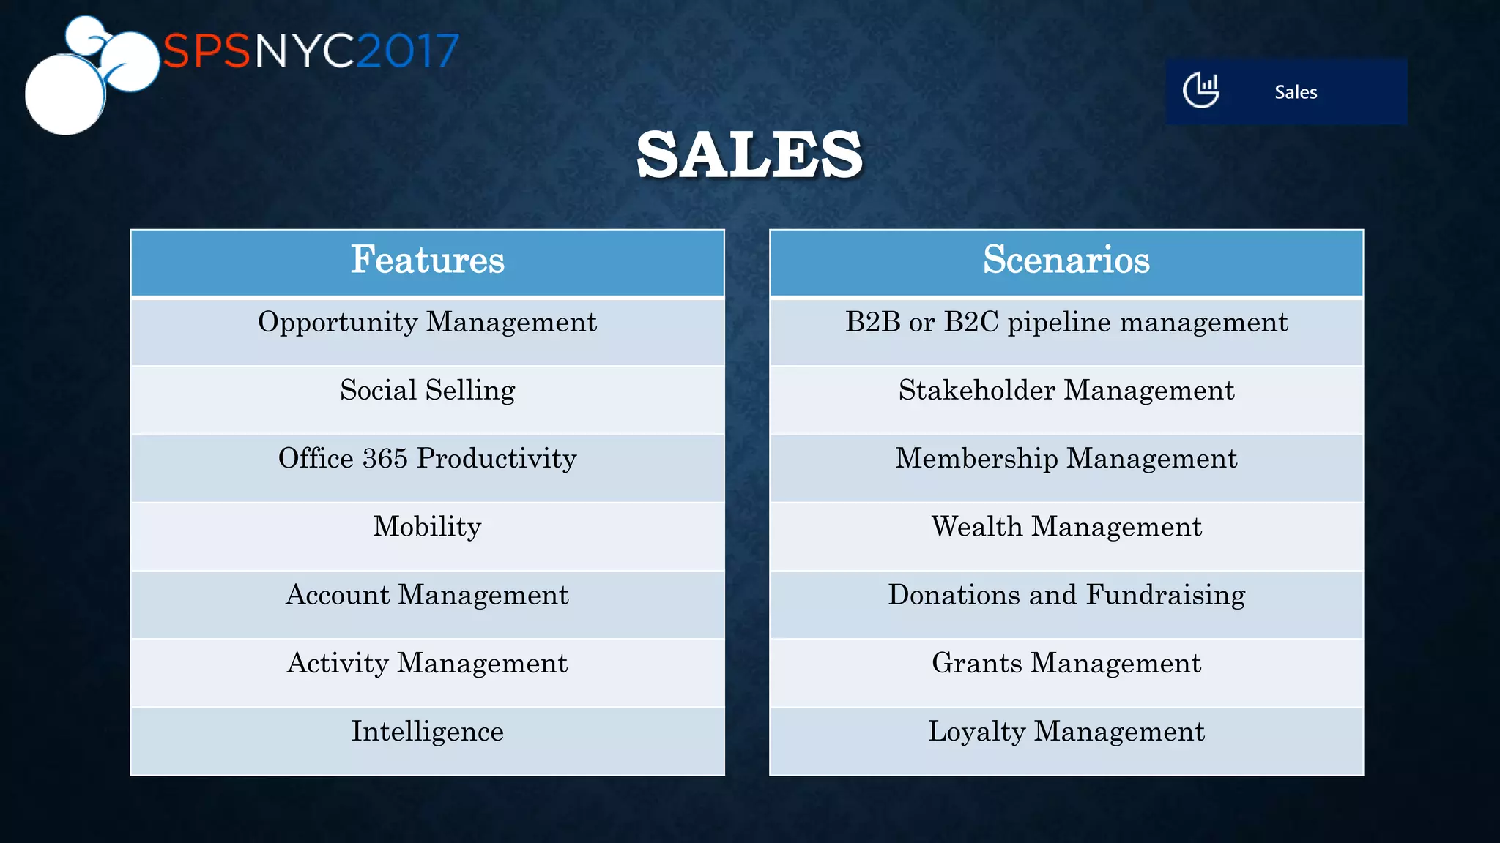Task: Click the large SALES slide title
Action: [749, 155]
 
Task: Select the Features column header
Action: [428, 261]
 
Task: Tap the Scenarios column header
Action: [1066, 261]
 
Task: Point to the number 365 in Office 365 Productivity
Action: [385, 459]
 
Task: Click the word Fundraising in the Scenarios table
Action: [1165, 595]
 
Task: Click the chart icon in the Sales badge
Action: [1201, 91]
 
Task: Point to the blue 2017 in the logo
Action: [408, 51]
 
